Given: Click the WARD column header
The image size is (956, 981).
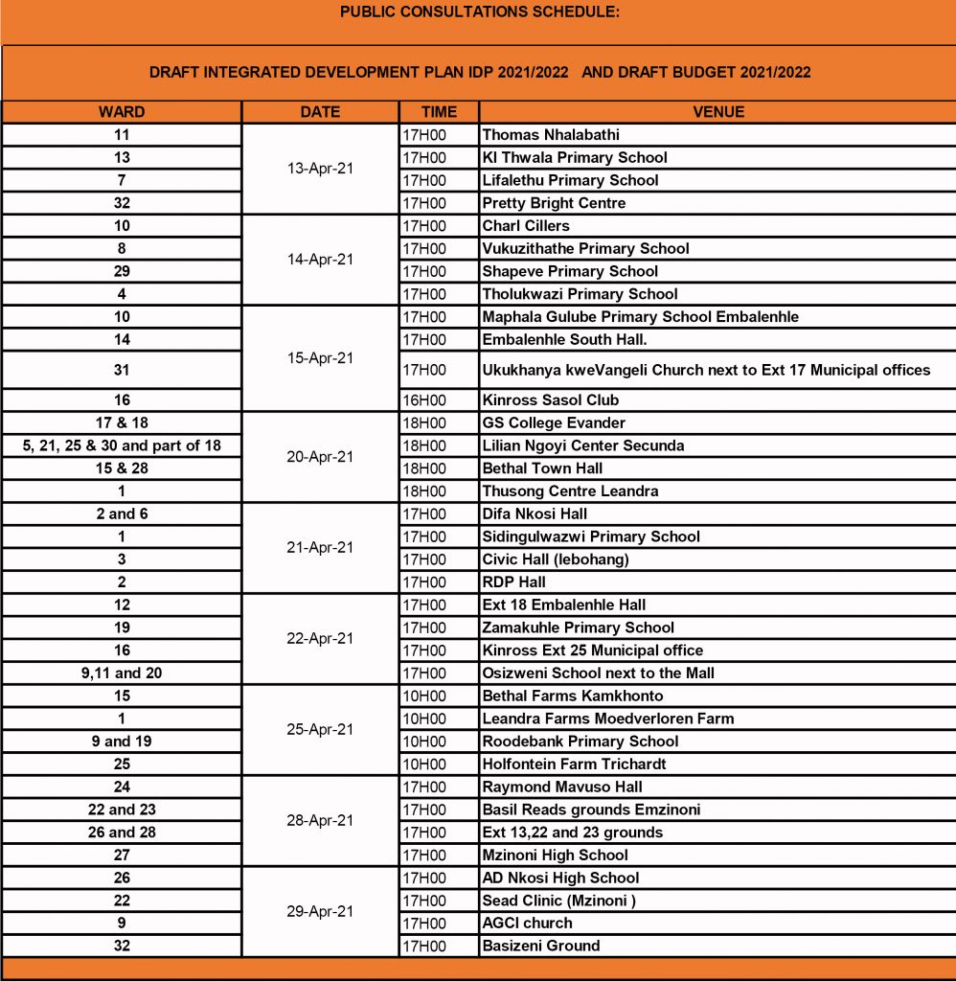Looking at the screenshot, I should coord(122,112).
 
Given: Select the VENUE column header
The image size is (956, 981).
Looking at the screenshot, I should coord(717,112).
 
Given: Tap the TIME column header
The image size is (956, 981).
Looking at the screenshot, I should coord(439,112).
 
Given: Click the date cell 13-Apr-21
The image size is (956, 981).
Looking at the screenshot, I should coord(320,169).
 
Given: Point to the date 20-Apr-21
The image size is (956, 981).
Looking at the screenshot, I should coord(320,457).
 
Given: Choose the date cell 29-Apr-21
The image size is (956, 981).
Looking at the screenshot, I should coord(320,911).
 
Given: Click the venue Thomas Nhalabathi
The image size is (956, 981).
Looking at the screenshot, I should coord(551,135).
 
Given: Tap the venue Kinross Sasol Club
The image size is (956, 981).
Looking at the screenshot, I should coord(550,400).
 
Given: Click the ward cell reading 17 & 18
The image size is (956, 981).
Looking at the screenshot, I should coord(122,422).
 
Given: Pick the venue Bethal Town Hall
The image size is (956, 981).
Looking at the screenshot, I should coord(542,468).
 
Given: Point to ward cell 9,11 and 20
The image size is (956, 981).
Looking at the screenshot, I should coord(122,673).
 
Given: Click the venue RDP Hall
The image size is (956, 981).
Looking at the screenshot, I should coord(513,582).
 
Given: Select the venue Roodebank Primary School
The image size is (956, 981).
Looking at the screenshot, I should coord(580,741).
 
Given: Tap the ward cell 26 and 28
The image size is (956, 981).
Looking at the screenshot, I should coord(122,833).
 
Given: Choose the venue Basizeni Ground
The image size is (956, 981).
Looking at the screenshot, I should coord(540,947).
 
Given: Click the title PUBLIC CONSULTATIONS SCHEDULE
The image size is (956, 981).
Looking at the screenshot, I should coord(479,12).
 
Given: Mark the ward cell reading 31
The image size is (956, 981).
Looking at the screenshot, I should coord(122,370).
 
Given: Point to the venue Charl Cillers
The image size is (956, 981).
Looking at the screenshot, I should coord(525,226).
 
